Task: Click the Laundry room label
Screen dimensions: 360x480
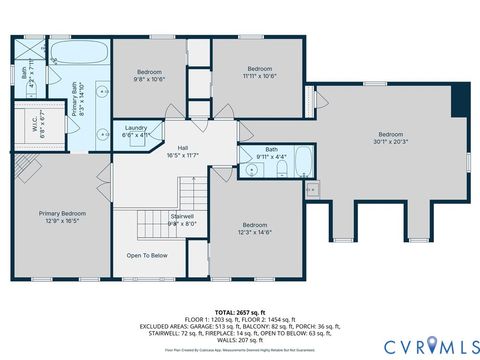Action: tap(137, 128)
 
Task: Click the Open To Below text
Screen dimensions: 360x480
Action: tap(146, 255)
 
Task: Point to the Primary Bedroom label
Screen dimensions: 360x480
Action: tap(62, 213)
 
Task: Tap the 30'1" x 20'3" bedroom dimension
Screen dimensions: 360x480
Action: tap(389, 141)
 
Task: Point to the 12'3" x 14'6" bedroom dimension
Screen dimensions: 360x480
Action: tap(254, 232)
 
